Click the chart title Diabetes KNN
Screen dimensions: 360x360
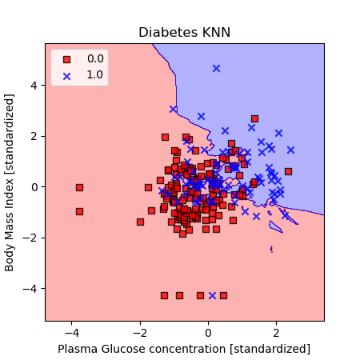point(184,33)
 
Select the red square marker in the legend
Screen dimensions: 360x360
point(66,59)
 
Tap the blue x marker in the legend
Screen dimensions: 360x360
point(66,77)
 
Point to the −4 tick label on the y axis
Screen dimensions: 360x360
point(30,289)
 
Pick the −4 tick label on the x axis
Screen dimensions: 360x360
point(71,333)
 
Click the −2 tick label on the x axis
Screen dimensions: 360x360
point(140,333)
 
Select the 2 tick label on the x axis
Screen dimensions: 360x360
point(276,333)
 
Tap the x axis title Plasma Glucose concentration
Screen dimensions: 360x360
point(142,349)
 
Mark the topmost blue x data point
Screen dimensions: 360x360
point(216,69)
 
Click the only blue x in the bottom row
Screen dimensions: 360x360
point(212,295)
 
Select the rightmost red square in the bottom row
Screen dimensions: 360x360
point(223,295)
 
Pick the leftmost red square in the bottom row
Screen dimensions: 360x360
point(164,295)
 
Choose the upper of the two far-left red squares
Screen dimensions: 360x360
point(79,187)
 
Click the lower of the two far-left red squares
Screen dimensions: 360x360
point(79,212)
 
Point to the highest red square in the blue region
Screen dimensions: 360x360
point(254,118)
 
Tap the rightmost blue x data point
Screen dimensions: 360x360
point(290,150)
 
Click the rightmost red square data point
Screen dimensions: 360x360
point(288,171)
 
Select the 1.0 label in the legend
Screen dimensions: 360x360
point(95,75)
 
